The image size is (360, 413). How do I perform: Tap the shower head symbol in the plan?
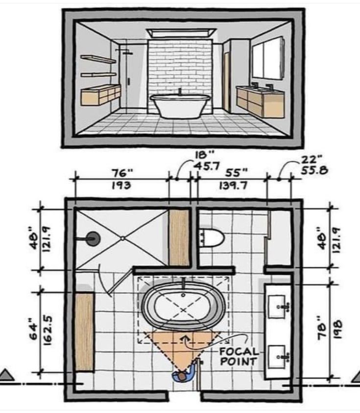point(93,239)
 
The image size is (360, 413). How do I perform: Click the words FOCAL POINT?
point(238,356)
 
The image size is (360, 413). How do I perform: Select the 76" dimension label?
point(122,173)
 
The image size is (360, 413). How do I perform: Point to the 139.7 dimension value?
point(233,186)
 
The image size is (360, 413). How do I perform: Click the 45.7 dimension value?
point(207,166)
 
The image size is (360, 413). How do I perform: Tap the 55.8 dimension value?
point(314,170)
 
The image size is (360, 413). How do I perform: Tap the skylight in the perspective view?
point(181,33)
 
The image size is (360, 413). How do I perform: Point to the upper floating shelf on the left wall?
point(98,59)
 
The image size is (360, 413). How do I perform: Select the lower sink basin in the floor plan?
point(277,357)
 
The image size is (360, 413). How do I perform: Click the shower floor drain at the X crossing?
point(122,239)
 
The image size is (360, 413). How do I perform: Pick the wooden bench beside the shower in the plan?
point(179,238)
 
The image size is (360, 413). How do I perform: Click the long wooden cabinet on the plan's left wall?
point(85,332)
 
